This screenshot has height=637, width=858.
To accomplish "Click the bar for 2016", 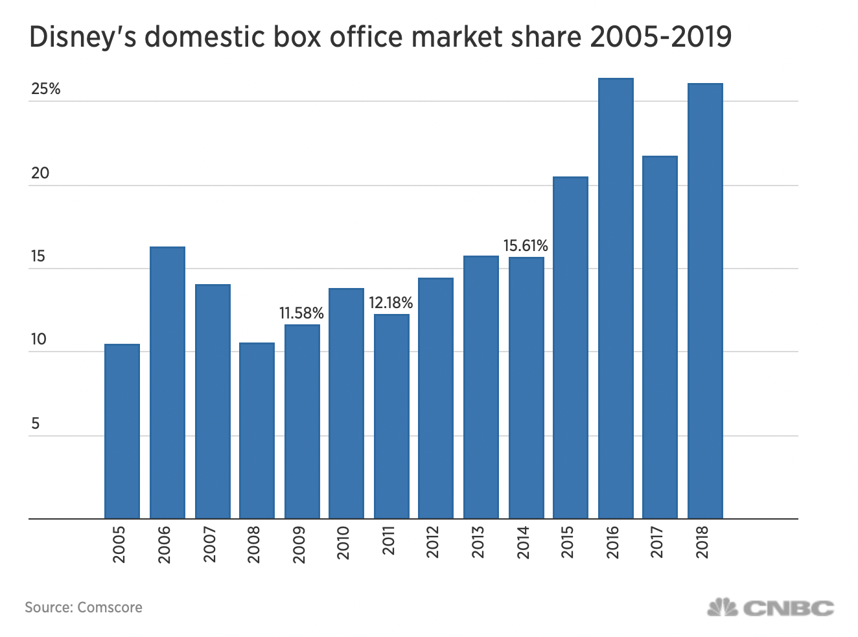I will click(616, 298).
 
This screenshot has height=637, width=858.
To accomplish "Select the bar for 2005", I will click(122, 431).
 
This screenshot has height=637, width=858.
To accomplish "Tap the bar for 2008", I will click(257, 431).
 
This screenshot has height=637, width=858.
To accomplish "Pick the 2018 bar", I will click(705, 301).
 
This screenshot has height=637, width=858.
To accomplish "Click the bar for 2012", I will click(435, 398).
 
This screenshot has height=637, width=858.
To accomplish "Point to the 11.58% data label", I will click(301, 313).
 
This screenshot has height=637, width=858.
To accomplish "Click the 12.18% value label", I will click(391, 303).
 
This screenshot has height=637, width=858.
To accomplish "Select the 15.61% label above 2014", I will click(526, 246).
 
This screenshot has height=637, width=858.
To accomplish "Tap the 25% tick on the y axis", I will click(45, 90).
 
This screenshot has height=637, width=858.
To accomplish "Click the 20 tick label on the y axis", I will click(40, 173).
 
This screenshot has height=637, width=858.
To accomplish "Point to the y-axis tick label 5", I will click(35, 424).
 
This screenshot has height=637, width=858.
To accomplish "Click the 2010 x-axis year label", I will click(343, 544).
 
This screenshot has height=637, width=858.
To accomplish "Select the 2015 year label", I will click(568, 544).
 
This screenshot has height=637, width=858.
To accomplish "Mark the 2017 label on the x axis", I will click(658, 544).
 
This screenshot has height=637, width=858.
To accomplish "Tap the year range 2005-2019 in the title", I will click(660, 38).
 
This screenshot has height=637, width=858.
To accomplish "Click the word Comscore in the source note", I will click(110, 608).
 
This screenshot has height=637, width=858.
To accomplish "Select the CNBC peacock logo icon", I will click(723, 608).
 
